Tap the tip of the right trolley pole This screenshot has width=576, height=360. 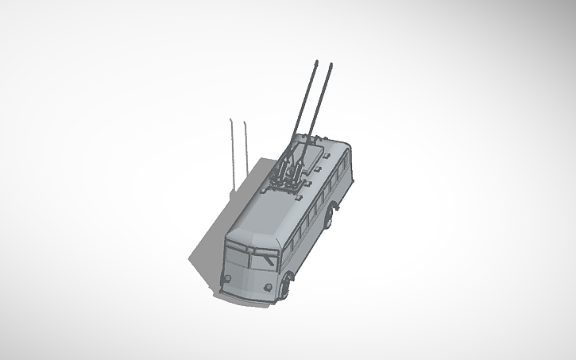click(x=331, y=64)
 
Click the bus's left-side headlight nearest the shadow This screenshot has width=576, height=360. click(x=228, y=277)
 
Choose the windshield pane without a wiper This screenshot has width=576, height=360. click(x=237, y=256)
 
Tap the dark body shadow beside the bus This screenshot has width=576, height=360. click(x=207, y=254)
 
